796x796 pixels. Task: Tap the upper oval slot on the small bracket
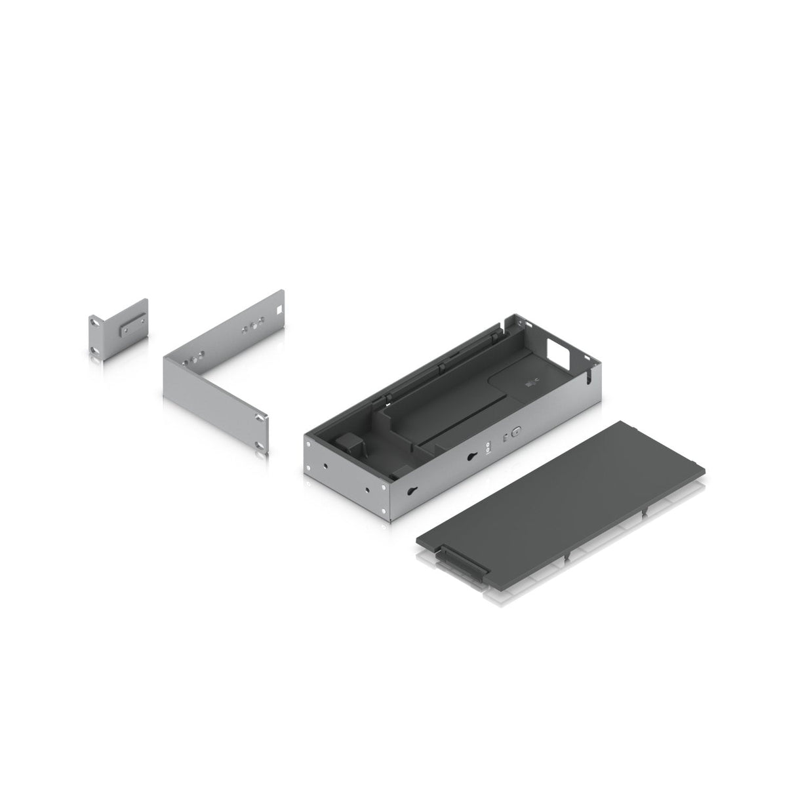[96, 321]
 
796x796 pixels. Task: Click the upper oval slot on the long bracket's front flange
[263, 417]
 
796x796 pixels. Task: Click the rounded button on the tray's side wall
[515, 432]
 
